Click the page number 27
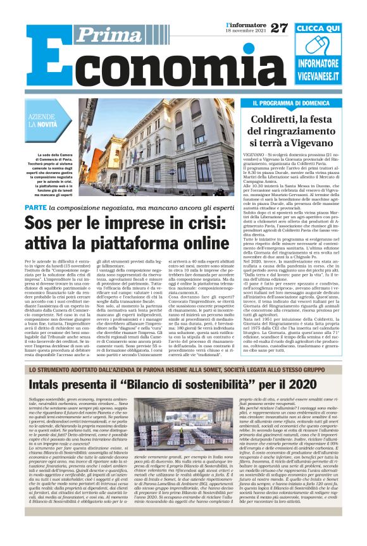tap(278, 27)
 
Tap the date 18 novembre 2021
tap(246, 30)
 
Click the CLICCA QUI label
tap(318, 29)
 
